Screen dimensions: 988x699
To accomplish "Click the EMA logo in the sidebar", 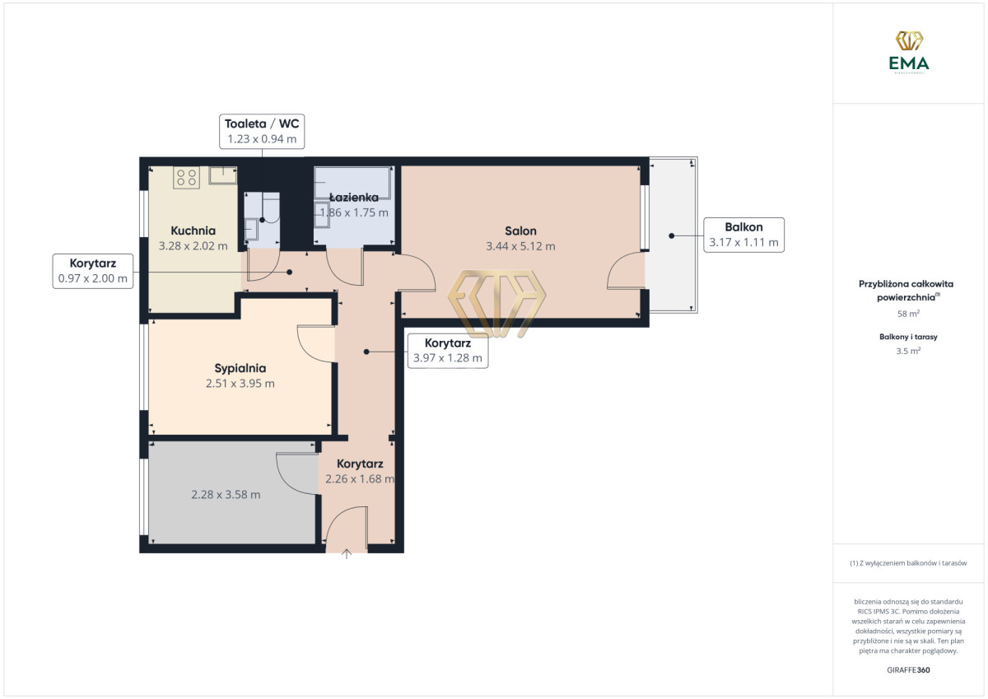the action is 909,52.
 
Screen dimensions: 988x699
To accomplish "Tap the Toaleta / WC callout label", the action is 262,132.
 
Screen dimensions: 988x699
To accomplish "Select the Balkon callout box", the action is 743,235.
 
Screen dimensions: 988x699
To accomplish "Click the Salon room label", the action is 520,231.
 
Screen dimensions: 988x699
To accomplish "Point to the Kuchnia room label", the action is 193,231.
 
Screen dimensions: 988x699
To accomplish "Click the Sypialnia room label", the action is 240,368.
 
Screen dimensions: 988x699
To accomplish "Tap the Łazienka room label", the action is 354,197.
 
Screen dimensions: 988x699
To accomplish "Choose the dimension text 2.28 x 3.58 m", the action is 226,494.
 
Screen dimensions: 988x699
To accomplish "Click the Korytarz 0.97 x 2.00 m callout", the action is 92,271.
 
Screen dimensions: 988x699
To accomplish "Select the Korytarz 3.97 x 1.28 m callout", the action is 448,351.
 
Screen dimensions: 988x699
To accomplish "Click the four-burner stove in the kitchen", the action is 186,177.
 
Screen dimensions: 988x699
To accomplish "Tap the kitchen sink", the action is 223,175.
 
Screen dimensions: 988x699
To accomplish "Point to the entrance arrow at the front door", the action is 347,554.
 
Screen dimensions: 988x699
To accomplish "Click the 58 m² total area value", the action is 908,314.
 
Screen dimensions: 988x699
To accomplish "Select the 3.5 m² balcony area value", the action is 908,351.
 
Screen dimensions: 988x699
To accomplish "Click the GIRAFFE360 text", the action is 908,670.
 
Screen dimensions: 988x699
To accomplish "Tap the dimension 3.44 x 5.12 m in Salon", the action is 520,246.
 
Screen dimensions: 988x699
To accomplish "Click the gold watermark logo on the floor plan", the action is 496,304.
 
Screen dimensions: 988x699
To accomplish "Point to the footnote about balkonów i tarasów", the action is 908,563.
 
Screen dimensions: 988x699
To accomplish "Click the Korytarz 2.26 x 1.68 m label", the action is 360,471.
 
